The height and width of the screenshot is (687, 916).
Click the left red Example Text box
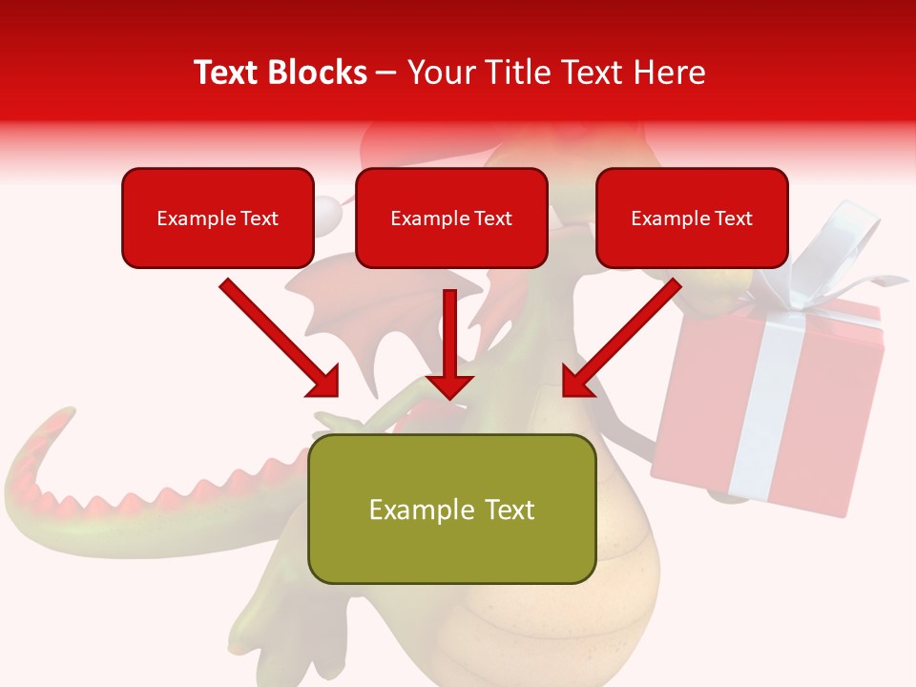pyautogui.click(x=218, y=219)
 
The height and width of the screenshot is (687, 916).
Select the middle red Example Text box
pyautogui.click(x=451, y=219)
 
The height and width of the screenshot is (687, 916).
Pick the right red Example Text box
pyautogui.click(x=692, y=219)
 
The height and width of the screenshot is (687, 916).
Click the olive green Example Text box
pyautogui.click(x=451, y=510)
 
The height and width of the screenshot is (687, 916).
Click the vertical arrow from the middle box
pyautogui.click(x=449, y=343)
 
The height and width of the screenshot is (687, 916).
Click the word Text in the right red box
pyautogui.click(x=733, y=219)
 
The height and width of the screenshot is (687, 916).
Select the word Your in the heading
pyautogui.click(x=439, y=73)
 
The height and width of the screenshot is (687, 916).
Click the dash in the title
pyautogui.click(x=386, y=73)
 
